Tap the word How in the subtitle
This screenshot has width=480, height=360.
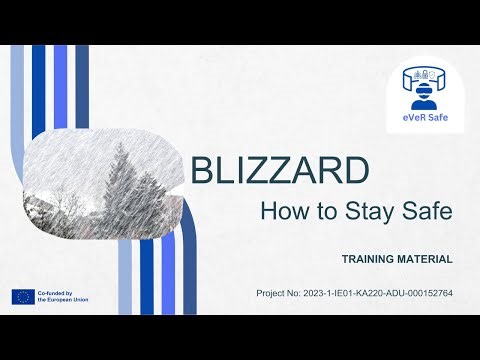coord(283,211)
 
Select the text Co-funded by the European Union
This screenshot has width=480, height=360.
coord(63,296)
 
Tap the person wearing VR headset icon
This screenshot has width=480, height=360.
coord(425,89)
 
